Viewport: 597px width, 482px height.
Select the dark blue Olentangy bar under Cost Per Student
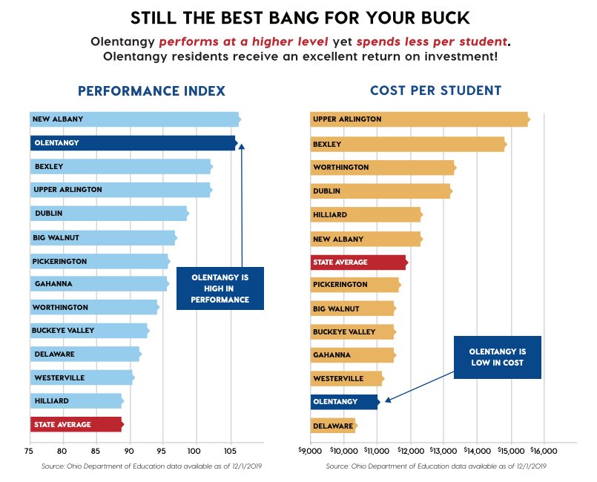click(345, 402)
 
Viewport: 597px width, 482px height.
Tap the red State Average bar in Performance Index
click(76, 424)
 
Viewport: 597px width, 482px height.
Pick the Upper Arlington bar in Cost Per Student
click(419, 119)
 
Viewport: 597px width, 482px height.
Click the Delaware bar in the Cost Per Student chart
click(333, 426)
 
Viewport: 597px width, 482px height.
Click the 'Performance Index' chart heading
click(151, 91)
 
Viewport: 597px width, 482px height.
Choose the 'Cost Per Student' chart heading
click(435, 91)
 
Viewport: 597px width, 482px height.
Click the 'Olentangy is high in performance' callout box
click(220, 288)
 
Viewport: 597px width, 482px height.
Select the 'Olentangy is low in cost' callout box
click(497, 357)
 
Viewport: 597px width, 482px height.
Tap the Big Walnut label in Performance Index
click(56, 238)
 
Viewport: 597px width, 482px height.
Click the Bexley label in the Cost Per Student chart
click(327, 144)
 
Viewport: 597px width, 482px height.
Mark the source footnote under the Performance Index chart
click(149, 466)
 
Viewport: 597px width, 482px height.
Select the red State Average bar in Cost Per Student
click(358, 262)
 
